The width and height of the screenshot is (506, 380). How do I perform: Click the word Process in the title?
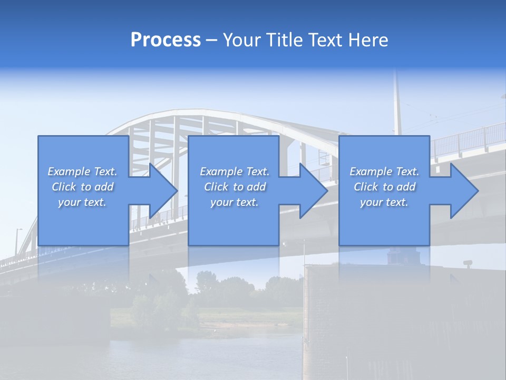point(166,40)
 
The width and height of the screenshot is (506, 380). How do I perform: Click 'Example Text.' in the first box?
point(82,172)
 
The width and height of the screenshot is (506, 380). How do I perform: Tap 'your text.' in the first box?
point(82,202)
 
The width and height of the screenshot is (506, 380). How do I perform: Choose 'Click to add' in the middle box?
point(235,187)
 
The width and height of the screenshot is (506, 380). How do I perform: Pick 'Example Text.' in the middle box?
point(235,172)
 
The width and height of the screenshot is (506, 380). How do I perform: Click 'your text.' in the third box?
point(384,202)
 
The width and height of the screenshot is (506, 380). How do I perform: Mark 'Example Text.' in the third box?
point(384,172)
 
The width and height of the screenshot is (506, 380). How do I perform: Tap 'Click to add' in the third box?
point(384,187)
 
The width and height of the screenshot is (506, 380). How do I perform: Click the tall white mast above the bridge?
point(397,106)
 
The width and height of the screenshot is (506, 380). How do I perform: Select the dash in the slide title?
point(212,40)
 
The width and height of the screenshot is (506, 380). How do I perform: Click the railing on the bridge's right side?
point(469,140)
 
